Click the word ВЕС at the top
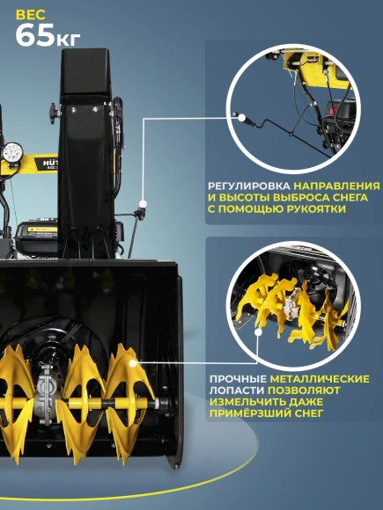tap(31, 13)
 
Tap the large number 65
tap(38, 36)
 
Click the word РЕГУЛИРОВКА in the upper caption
tap(249, 187)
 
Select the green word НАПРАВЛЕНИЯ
tap(338, 187)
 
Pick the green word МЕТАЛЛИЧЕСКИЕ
tap(320, 379)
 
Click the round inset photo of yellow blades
tap(290, 304)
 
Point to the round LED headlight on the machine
tap(13, 151)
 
